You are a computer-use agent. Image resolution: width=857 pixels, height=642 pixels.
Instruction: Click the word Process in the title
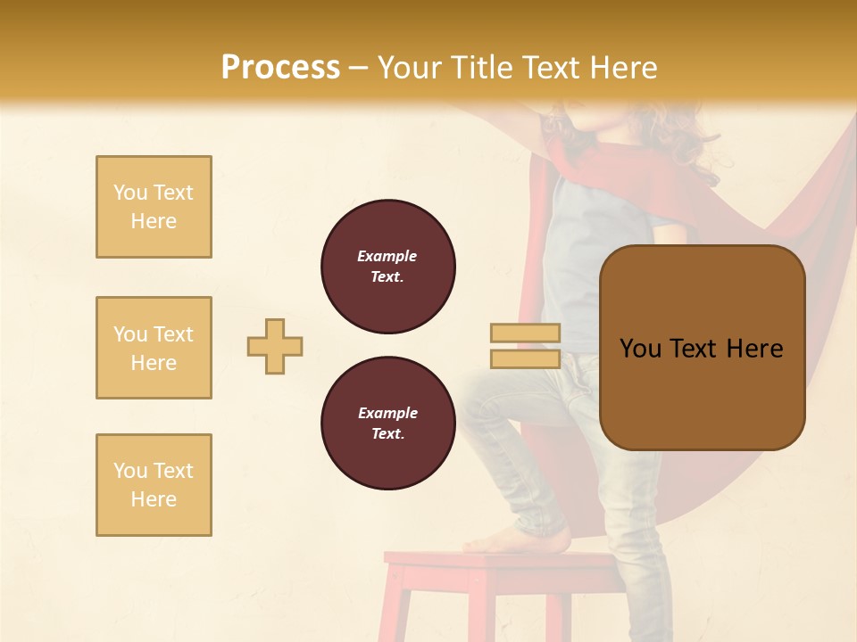[280, 68]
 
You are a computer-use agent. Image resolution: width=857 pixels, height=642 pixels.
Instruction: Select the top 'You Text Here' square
[154, 207]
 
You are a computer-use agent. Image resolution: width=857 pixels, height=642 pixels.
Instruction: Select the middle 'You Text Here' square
[154, 348]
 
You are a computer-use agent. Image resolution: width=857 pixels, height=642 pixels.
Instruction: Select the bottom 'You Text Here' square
[154, 485]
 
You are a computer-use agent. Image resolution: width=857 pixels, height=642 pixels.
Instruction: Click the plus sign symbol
[275, 346]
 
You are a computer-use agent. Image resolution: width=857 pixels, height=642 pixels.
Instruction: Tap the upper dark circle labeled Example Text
[387, 267]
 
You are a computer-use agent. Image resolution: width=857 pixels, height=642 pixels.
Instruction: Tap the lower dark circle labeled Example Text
[387, 424]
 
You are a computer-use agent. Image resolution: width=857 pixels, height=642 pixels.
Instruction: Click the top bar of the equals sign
[525, 333]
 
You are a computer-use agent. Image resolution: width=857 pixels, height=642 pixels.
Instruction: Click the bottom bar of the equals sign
[525, 359]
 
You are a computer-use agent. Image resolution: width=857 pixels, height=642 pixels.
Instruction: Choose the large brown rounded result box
[702, 348]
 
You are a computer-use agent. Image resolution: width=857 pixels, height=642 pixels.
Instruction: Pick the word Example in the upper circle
[387, 256]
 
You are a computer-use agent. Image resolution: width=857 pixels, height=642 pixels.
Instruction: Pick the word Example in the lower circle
[387, 413]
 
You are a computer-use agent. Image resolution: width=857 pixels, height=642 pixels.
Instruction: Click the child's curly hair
[687, 134]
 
